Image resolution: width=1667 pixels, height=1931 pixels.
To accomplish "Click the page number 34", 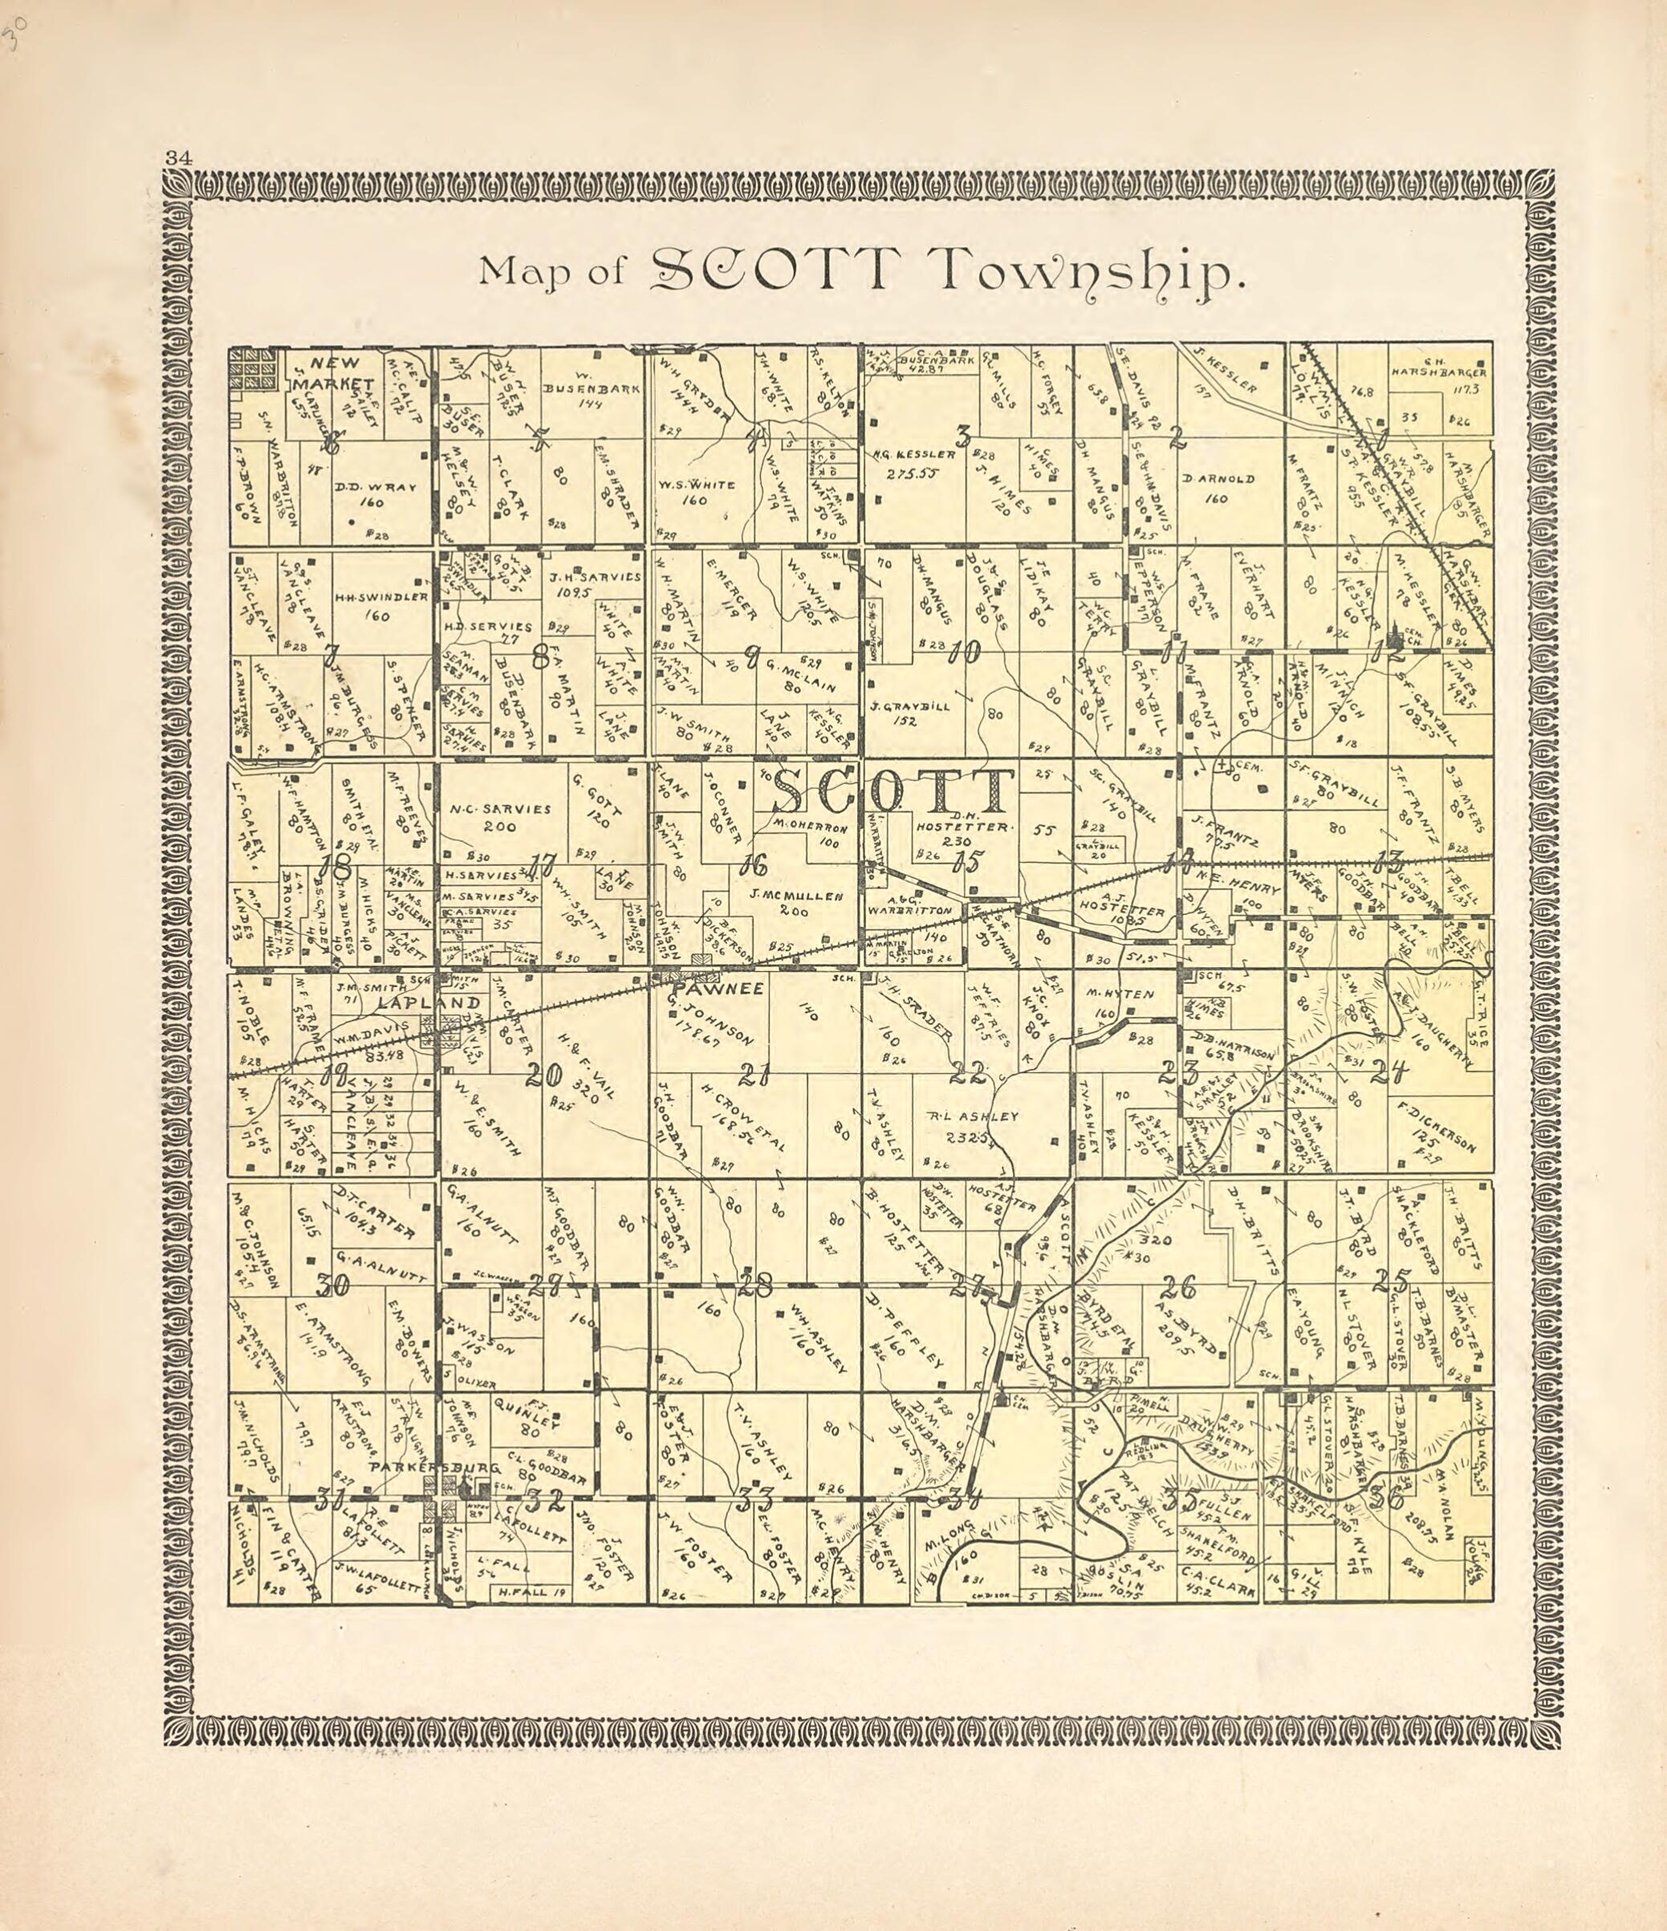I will coord(178,157).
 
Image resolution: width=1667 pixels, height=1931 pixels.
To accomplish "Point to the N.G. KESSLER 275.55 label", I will coord(915,463).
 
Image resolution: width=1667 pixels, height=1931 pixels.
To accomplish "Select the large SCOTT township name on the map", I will coord(892,792).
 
